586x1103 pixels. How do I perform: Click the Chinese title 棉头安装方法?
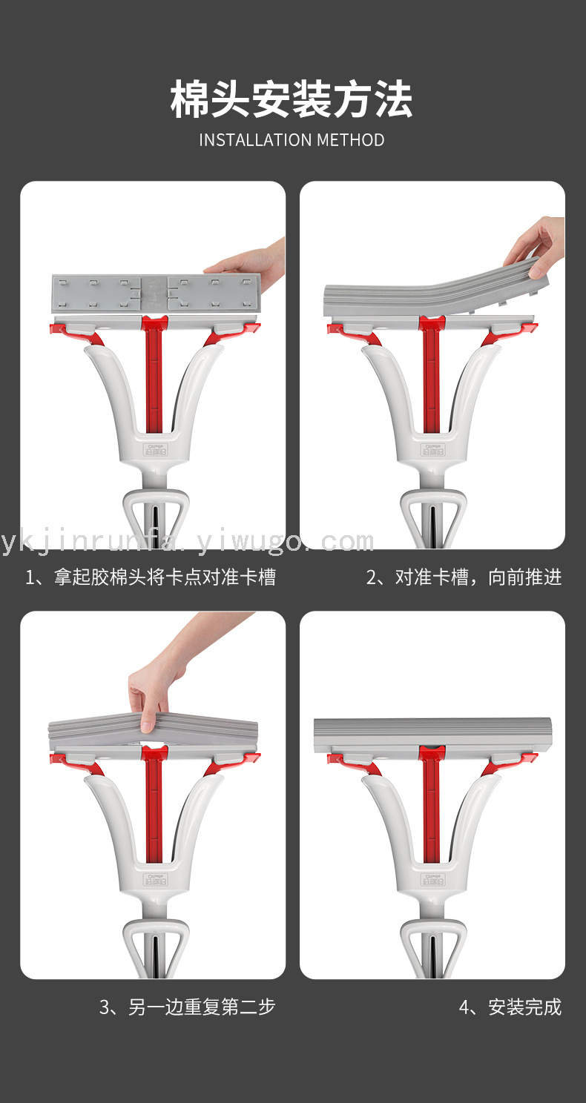[x=292, y=99]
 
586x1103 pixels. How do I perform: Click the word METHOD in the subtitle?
[x=350, y=140]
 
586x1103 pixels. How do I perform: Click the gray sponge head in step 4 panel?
[x=432, y=735]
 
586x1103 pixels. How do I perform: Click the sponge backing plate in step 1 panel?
[x=156, y=294]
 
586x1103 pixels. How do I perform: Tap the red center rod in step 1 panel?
[x=154, y=374]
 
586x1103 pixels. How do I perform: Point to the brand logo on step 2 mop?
[x=432, y=449]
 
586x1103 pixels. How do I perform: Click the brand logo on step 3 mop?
[x=155, y=879]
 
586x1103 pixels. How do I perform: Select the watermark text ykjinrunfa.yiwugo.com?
[x=187, y=542]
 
